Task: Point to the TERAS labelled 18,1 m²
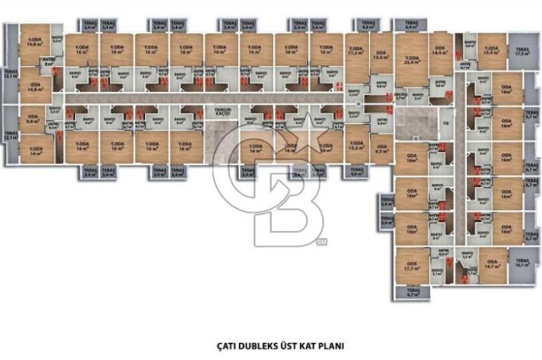[x=522, y=264]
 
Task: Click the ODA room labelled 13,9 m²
[x=381, y=55]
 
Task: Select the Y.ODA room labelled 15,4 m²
[x=492, y=50]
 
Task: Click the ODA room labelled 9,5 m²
[x=382, y=149]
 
